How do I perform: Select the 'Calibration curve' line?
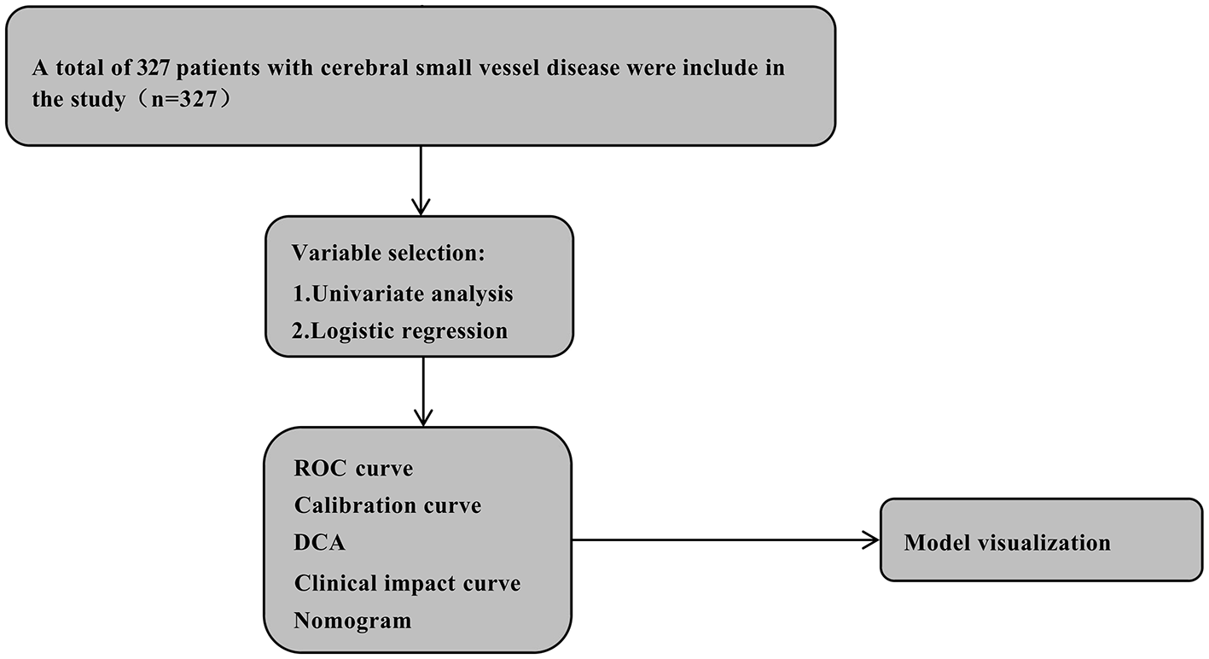click(387, 505)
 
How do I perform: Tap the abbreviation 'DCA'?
click(320, 543)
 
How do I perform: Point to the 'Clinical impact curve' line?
click(407, 583)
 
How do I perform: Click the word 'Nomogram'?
click(352, 621)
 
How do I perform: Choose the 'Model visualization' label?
click(1007, 543)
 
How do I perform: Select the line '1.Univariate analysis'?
click(402, 294)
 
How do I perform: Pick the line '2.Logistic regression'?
click(399, 331)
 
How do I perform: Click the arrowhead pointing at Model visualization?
click(871, 539)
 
